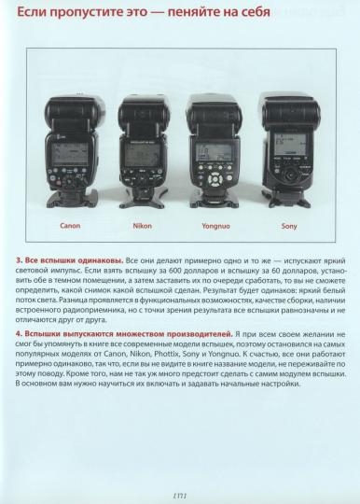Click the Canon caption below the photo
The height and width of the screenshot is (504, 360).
coord(70,225)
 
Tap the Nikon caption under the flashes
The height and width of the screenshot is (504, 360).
coord(142,225)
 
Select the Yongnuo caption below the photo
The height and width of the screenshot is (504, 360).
coord(215,225)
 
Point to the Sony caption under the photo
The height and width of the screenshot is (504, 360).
coord(289,225)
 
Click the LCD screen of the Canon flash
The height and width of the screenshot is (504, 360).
coord(71,149)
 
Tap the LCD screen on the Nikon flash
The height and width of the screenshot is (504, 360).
coord(143,149)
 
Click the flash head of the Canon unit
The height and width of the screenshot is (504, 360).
coord(71,113)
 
